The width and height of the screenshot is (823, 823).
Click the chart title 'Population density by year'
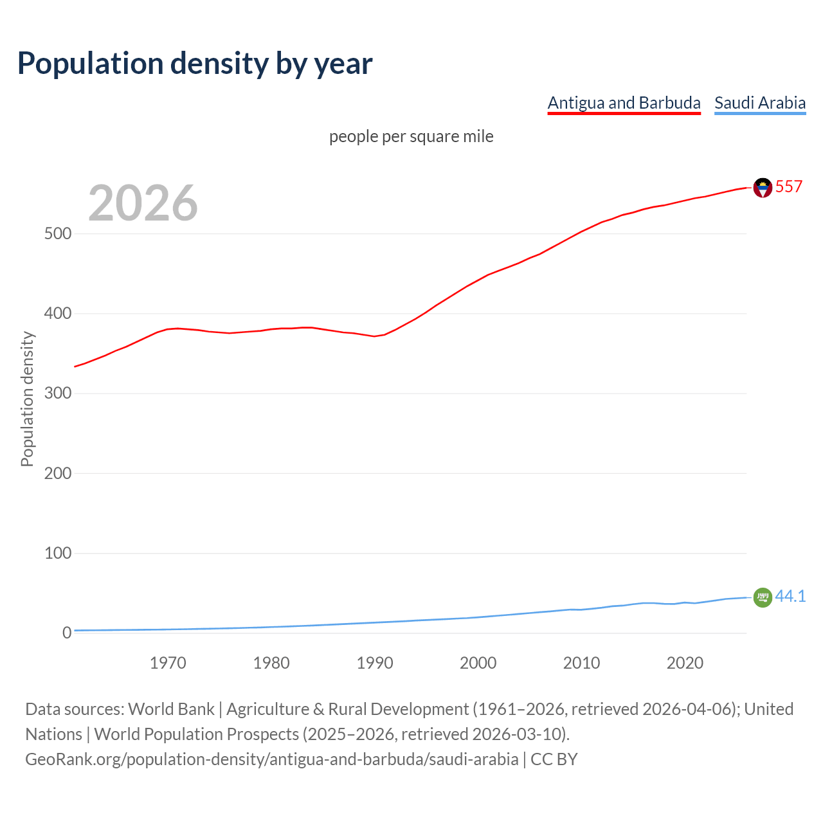point(195,64)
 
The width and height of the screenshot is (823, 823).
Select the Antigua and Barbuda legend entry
point(624,103)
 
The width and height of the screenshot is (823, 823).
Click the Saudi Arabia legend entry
point(760,103)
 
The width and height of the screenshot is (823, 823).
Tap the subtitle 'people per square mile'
point(411,137)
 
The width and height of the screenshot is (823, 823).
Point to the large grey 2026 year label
point(143,203)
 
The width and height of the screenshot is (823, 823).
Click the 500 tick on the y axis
point(58,234)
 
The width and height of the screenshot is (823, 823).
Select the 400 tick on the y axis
point(58,314)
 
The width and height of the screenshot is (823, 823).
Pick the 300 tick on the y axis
point(58,393)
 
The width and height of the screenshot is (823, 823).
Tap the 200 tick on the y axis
point(58,473)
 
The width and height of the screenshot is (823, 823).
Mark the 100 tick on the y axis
point(58,553)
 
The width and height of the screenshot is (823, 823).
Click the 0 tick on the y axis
point(67,633)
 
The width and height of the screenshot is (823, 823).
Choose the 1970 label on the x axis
point(168,663)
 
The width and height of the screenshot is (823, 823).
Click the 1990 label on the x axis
point(375,663)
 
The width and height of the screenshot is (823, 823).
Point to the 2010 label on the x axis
point(581,663)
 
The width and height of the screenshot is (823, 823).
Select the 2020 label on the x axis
point(685,663)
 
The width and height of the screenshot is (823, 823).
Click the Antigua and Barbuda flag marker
point(763,188)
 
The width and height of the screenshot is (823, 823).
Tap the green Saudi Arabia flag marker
point(763,597)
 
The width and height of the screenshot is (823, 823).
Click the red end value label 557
point(789,187)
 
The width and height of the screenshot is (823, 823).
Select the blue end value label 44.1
point(790,597)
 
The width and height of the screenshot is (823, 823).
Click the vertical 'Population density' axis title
point(27,399)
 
